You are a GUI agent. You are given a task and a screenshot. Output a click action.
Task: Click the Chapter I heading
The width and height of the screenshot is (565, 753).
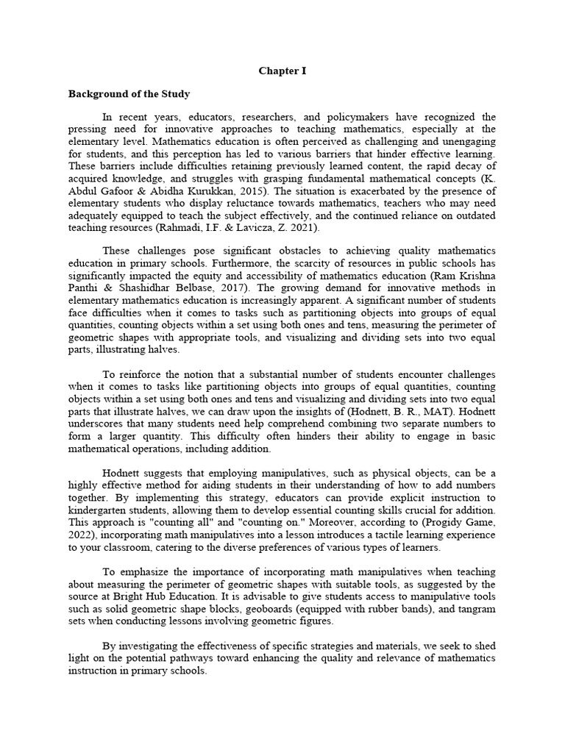[x=282, y=71]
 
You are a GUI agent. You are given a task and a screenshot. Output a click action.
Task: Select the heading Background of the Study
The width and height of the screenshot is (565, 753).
[x=129, y=94]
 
